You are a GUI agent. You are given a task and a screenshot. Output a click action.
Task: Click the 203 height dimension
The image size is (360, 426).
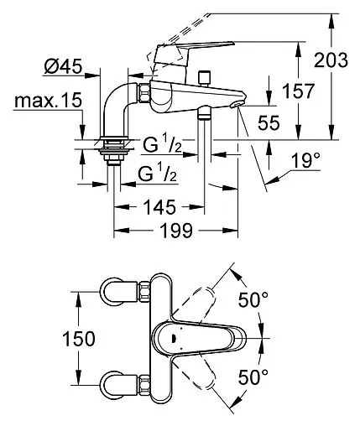tap(331, 60)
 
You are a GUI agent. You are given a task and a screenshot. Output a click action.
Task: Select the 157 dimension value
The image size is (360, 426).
tap(298, 91)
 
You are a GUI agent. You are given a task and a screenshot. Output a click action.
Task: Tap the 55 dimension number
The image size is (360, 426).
tap(269, 122)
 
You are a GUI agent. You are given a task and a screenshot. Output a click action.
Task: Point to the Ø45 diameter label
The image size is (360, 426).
tap(64, 66)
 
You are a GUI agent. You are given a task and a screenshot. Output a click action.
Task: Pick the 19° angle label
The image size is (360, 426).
tap(305, 160)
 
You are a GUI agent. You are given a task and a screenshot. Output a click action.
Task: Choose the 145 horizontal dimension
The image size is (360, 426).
tap(159, 207)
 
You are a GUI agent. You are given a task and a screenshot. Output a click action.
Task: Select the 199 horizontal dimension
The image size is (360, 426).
tap(176, 231)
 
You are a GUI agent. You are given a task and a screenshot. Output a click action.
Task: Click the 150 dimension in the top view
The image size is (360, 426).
tap(79, 339)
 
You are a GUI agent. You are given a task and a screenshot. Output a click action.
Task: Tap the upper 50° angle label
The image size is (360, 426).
tap(253, 299)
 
